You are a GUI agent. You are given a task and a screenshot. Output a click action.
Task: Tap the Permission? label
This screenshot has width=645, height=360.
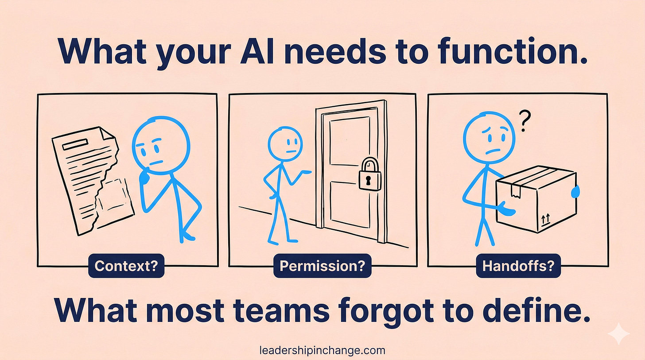tap(322, 267)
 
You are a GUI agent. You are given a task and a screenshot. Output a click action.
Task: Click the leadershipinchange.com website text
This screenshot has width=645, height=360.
tap(322, 351)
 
